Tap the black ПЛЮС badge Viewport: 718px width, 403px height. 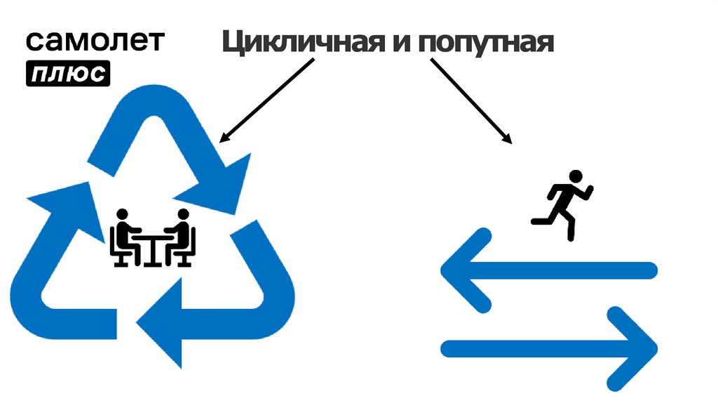coord(68,74)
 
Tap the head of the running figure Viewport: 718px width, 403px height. coord(576,176)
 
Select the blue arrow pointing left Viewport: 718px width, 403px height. coord(547,270)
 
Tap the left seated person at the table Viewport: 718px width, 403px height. coord(125,236)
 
